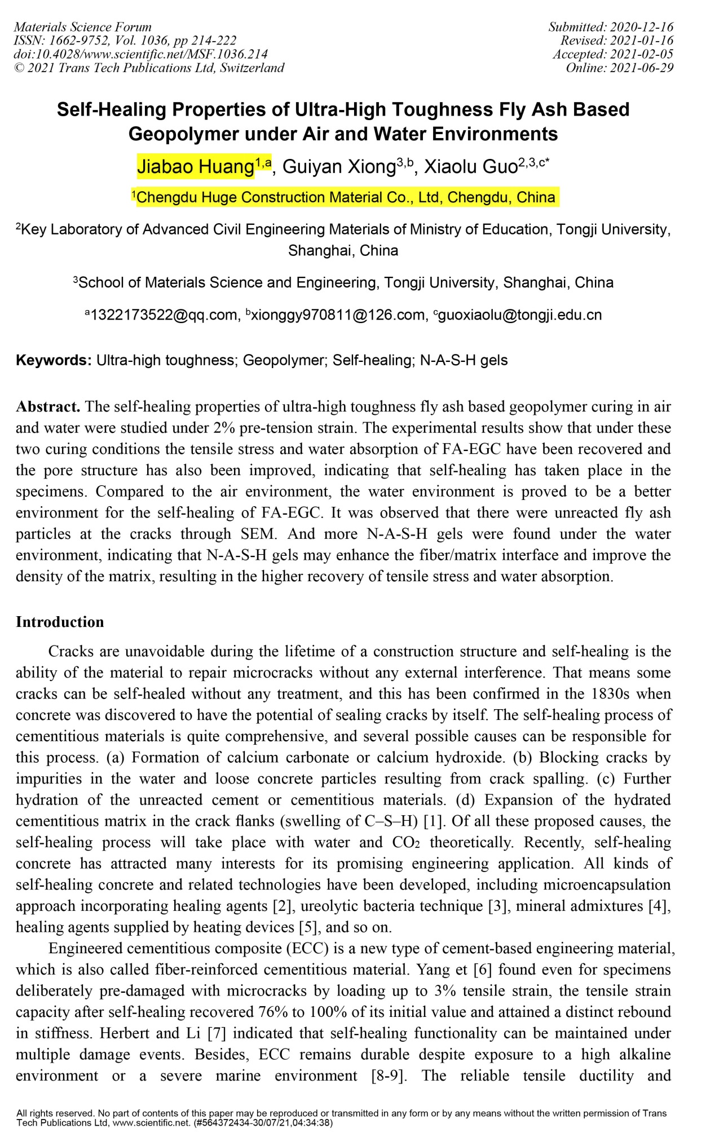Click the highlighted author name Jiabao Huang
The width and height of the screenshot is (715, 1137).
[x=195, y=167]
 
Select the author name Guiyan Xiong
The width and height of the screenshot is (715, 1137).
[x=339, y=167]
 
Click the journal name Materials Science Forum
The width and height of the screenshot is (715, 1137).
[x=82, y=27]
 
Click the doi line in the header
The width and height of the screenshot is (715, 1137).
[x=140, y=54]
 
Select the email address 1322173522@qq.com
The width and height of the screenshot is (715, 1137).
[x=164, y=315]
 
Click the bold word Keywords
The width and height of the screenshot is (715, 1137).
[x=53, y=360]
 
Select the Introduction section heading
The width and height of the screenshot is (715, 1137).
[x=60, y=622]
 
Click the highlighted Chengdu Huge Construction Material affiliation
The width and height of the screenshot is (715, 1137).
[x=345, y=197]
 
